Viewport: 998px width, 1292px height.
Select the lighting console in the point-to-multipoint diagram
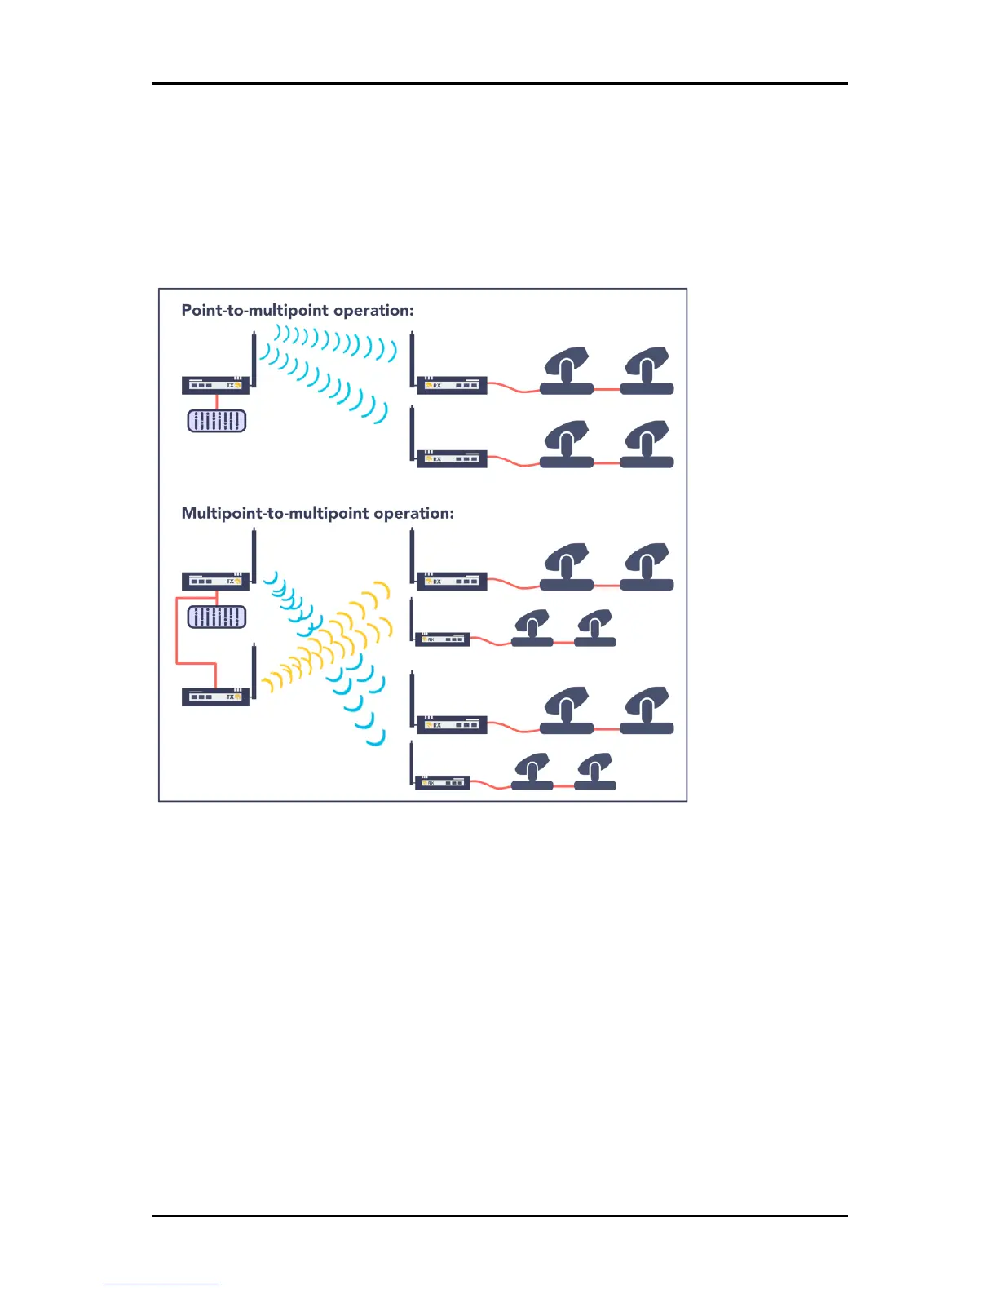point(217,421)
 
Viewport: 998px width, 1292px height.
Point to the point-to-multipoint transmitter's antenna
point(254,359)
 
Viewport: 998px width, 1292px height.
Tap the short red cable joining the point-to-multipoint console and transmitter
point(217,401)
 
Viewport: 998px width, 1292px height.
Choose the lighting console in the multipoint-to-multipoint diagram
point(217,617)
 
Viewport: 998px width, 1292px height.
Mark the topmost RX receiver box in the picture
point(452,385)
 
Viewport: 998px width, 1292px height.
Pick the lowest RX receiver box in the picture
point(443,783)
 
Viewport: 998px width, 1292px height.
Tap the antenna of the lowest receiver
point(413,763)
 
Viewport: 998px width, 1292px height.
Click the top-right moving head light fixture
point(647,371)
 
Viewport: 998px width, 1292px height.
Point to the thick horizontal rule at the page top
point(500,83)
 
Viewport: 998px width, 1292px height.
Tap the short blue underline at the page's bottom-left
point(161,1285)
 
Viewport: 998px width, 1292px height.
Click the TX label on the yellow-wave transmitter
point(230,697)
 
